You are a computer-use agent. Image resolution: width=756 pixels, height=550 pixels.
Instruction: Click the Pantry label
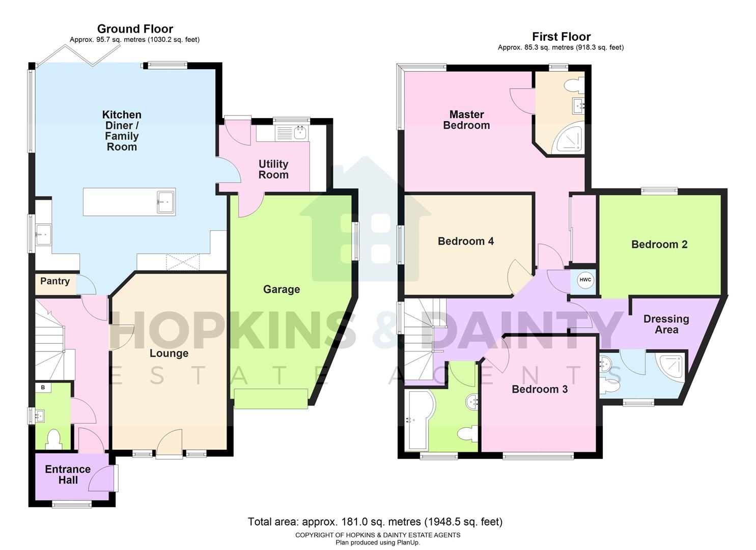click(x=55, y=281)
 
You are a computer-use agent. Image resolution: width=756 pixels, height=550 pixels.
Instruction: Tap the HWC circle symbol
click(x=585, y=280)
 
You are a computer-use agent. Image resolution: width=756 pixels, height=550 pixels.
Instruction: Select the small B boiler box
click(x=43, y=388)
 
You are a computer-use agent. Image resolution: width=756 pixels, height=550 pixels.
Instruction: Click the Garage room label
click(x=281, y=289)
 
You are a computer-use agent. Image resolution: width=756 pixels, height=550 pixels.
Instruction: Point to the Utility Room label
click(x=273, y=169)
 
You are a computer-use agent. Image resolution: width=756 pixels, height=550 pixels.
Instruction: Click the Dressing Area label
click(x=666, y=324)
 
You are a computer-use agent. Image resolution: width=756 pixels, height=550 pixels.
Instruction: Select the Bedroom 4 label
click(x=465, y=241)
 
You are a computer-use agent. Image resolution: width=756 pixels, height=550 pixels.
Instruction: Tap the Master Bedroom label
click(x=466, y=120)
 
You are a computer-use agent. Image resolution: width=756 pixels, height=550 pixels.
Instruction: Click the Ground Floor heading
click(x=135, y=29)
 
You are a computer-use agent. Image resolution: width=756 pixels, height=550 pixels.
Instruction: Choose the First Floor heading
click(x=561, y=37)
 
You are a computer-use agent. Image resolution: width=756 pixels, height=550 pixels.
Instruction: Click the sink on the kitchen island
click(x=165, y=202)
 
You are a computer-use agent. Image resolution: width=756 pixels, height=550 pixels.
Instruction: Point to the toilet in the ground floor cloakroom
click(x=53, y=439)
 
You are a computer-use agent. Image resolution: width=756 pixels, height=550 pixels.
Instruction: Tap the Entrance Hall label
click(x=68, y=475)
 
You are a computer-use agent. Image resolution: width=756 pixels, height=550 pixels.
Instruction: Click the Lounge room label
click(x=169, y=353)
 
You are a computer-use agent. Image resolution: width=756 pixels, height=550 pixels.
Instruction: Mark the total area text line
click(x=375, y=521)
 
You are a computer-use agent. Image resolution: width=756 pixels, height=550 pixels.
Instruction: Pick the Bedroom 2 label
click(x=659, y=244)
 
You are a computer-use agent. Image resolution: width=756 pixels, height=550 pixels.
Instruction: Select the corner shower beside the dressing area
click(x=671, y=366)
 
